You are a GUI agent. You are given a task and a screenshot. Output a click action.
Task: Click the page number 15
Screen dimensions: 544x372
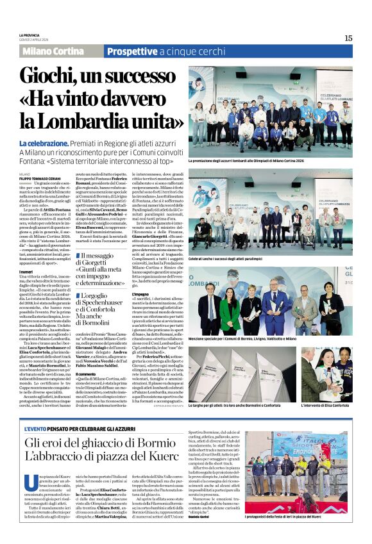pos(348,38)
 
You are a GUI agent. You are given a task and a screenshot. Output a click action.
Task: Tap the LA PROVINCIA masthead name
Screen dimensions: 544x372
pos(30,35)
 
